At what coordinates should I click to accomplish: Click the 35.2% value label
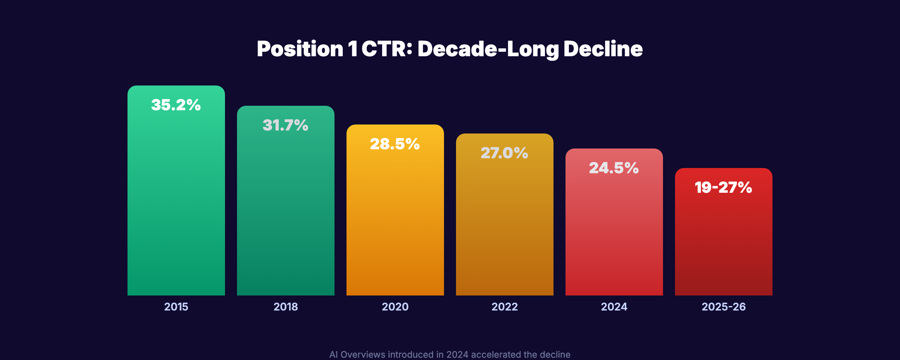(176, 105)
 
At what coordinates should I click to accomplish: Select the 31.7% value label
(285, 125)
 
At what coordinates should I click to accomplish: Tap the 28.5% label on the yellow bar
(395, 144)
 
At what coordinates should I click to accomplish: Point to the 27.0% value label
(504, 153)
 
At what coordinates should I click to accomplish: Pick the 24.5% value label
(614, 168)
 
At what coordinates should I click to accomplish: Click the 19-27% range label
(723, 187)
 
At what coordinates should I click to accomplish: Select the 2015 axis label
(176, 307)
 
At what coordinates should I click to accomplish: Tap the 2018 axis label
(285, 307)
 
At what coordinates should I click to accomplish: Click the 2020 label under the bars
(395, 307)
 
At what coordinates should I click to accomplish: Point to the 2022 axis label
(504, 307)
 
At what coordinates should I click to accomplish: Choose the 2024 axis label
(614, 307)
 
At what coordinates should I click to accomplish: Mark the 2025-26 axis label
(723, 307)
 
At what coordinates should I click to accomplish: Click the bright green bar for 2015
(176, 206)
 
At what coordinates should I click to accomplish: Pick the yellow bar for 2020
(395, 225)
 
